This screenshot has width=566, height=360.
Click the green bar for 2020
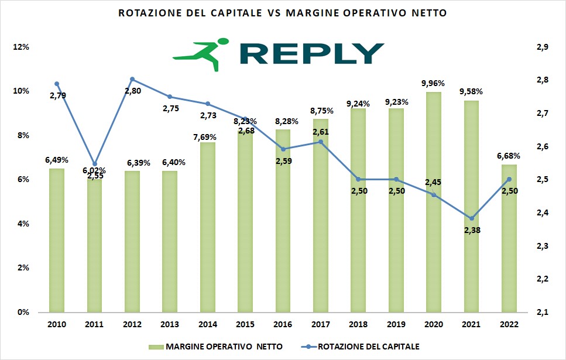pos(434,202)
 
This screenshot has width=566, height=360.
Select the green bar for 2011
pos(95,246)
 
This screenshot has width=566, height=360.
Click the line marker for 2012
pos(132,79)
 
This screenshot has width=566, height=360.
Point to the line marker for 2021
pos(471,218)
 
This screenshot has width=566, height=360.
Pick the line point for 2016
pos(283,149)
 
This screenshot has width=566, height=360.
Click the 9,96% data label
pos(434,83)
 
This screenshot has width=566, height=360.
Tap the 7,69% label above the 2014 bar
pos(208,137)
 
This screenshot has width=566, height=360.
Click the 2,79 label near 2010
pos(57,95)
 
